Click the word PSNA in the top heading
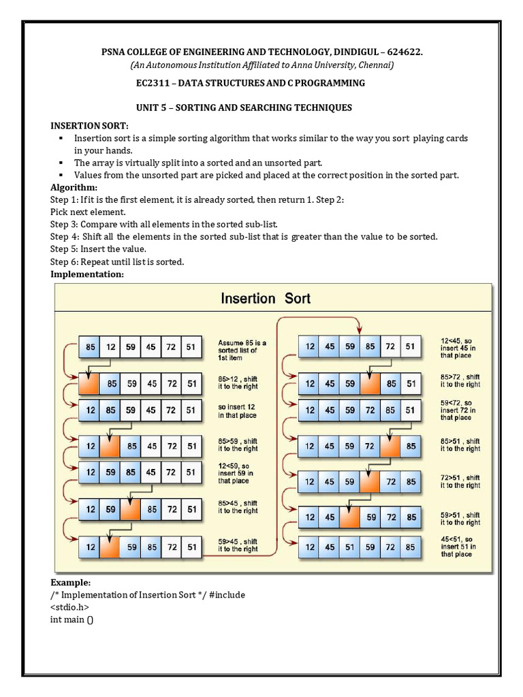(x=116, y=52)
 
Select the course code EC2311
(x=153, y=83)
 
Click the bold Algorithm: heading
(x=74, y=187)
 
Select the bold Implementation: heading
(x=86, y=274)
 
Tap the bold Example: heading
(x=70, y=583)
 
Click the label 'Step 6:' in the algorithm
(x=65, y=261)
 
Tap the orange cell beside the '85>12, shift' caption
(x=89, y=384)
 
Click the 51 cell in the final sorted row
(x=349, y=547)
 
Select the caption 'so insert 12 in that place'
(x=237, y=410)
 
